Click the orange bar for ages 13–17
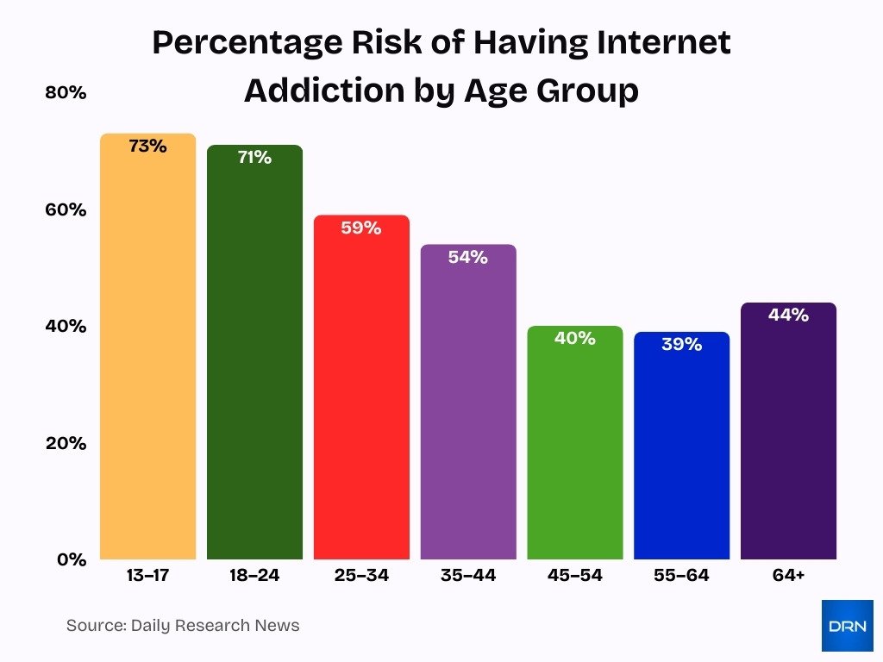tap(147, 362)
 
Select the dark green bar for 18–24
tap(254, 371)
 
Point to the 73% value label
tap(147, 147)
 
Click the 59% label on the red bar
tap(361, 228)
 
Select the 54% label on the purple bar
tap(468, 258)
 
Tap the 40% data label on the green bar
tap(575, 339)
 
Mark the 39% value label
tap(681, 345)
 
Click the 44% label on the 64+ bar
tap(788, 315)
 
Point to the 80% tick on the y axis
tap(66, 93)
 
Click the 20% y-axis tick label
tap(66, 443)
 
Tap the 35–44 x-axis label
tap(468, 576)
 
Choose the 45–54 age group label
tap(575, 576)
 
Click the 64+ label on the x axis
tap(788, 576)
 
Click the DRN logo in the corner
tap(847, 626)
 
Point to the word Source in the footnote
tap(94, 626)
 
